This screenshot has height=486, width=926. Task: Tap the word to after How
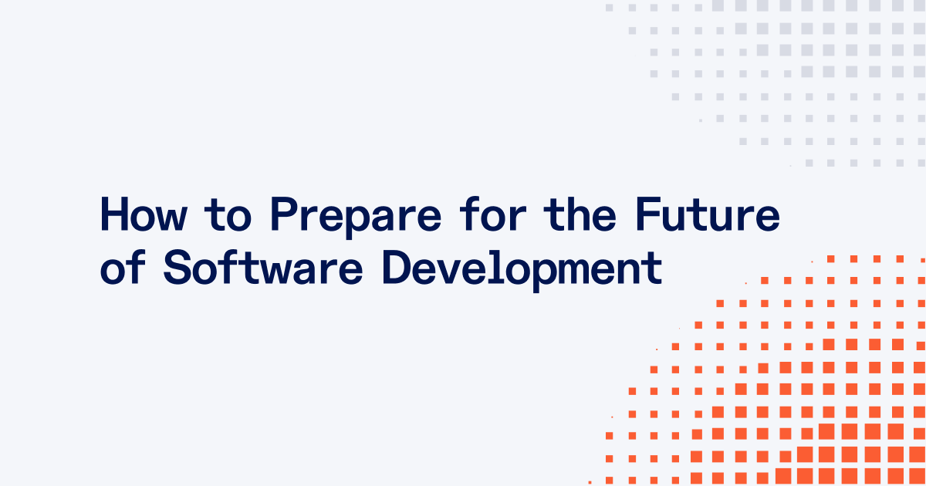click(231, 217)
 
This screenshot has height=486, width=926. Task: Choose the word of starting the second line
click(121, 268)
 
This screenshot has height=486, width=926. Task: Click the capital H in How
click(113, 215)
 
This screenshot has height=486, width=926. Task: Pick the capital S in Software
click(177, 268)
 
